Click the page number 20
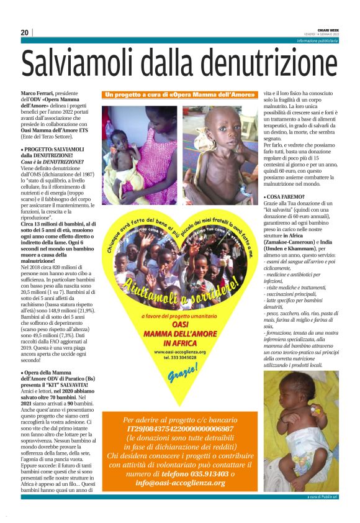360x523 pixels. pyautogui.click(x=24, y=32)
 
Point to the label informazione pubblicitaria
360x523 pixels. pyautogui.click(x=317, y=40)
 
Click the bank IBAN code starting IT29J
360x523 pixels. pyautogui.click(x=180, y=429)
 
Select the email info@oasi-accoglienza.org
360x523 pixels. pyautogui.click(x=180, y=484)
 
